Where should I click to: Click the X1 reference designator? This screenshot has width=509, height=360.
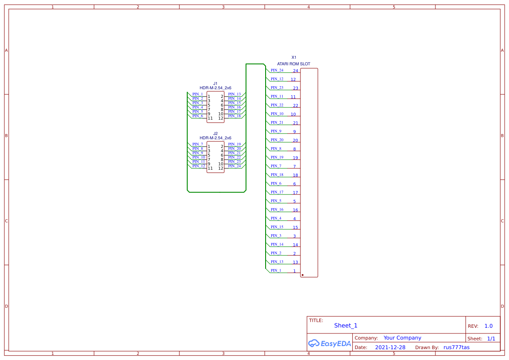coord(294,57)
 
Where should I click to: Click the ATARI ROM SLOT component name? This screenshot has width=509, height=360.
coord(294,64)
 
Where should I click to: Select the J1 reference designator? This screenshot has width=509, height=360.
coord(215,84)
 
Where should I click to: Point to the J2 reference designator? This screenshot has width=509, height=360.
coord(215,134)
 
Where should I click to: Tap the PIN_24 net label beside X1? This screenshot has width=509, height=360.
coord(277,70)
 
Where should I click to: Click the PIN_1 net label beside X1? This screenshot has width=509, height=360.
coord(276,270)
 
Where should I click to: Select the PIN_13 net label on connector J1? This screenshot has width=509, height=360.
coord(234,94)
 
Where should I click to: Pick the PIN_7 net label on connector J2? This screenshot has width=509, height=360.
coord(198,144)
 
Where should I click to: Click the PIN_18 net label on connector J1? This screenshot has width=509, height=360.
coord(234,116)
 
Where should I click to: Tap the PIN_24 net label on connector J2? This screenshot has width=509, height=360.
coord(234,166)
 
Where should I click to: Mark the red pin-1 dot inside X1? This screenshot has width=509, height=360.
coord(303,275)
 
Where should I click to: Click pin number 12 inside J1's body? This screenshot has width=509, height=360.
coord(221,118)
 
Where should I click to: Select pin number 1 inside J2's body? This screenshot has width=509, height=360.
coord(209,147)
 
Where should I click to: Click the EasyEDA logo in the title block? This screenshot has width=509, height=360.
coord(329,343)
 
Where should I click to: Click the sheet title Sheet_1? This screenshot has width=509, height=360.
coord(346,326)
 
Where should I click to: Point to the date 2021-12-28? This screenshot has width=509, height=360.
coord(390,347)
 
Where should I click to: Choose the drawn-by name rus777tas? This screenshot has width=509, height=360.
coord(456,347)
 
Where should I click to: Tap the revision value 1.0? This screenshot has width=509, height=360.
coord(489,326)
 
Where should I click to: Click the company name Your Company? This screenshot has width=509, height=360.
coord(402,338)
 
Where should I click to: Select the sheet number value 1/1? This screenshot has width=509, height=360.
coord(491,339)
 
